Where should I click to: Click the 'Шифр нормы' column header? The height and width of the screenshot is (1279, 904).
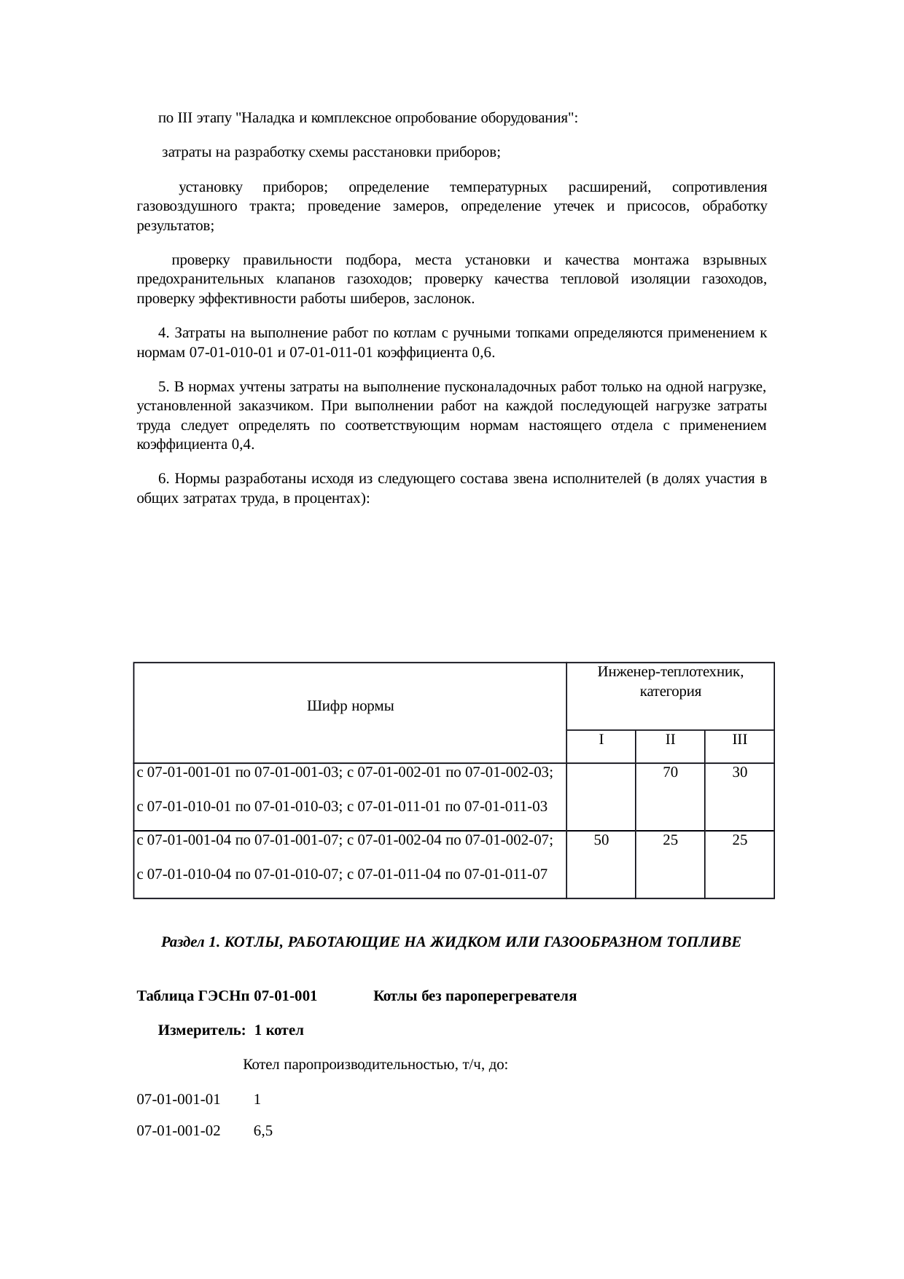point(350,706)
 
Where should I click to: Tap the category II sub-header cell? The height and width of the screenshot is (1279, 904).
point(670,740)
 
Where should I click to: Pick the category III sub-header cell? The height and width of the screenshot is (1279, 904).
point(739,740)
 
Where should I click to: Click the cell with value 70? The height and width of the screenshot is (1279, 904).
point(670,773)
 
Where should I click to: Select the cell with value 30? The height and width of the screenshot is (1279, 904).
point(739,773)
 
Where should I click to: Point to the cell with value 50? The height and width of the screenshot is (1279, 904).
point(601,840)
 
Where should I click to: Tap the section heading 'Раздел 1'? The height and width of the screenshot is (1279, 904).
point(451,942)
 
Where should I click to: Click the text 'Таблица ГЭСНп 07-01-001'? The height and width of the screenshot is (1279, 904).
point(227,996)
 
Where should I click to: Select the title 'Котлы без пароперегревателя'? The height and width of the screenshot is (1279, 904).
point(475,996)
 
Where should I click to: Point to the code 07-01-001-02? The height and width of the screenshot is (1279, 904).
point(179,1132)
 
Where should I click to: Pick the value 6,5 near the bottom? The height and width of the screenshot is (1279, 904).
point(262,1132)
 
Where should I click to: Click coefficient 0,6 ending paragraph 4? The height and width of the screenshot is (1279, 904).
point(483,353)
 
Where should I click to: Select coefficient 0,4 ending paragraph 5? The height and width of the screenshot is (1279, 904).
point(242,445)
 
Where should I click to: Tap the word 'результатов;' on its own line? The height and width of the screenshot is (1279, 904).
point(175,226)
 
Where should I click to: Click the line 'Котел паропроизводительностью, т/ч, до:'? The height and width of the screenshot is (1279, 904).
point(375,1065)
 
